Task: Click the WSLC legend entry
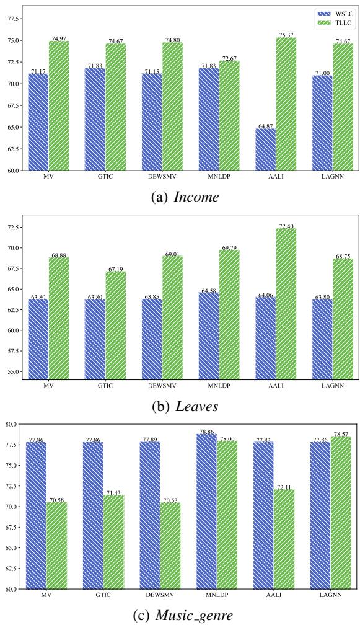click(x=330, y=12)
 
